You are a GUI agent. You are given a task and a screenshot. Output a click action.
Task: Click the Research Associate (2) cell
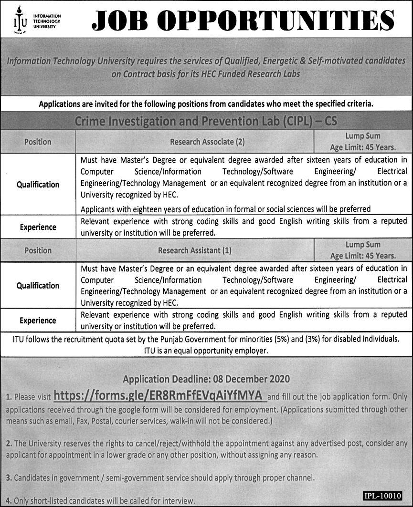coord(195,142)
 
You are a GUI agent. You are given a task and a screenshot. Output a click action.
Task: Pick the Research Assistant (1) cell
coord(195,250)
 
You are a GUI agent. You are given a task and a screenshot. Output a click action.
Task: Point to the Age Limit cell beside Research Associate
coord(363,142)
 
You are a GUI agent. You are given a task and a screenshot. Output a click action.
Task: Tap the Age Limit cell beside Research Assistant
coord(363,250)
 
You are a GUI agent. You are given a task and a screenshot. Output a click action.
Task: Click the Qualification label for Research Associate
coord(38,184)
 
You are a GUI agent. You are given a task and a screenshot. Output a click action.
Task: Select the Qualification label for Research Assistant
coord(38,286)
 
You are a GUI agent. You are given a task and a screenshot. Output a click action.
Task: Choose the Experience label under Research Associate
coord(38,228)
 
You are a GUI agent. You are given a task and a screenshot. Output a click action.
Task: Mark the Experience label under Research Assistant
coord(38,321)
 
